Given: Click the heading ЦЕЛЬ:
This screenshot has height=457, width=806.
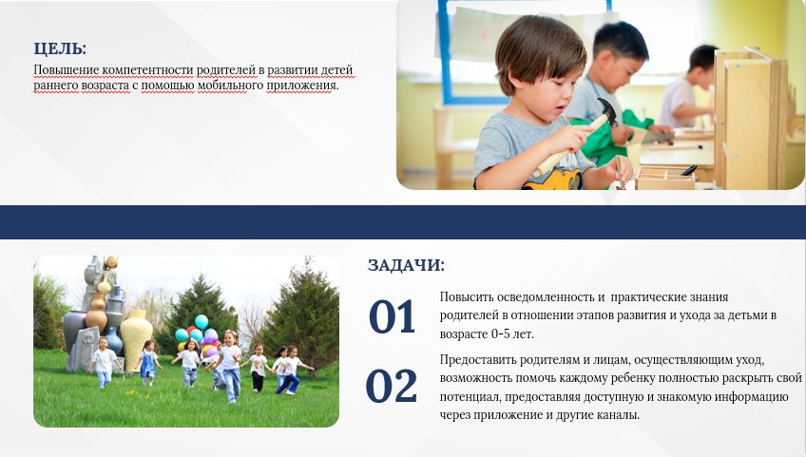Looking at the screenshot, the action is click(60, 48).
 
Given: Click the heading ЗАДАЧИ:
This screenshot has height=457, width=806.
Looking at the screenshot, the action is click(406, 265).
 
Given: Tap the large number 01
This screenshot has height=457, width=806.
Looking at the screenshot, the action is click(392, 316).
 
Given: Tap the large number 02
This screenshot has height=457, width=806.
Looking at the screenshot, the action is click(392, 386).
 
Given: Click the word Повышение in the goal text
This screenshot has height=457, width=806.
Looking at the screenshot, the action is click(67, 70).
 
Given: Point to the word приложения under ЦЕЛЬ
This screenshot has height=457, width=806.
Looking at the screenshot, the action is click(302, 86).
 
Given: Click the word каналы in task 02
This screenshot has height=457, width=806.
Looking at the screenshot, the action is click(619, 415).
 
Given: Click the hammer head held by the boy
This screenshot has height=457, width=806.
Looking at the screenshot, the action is click(607, 112).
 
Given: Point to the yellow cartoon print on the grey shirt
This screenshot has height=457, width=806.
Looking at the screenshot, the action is click(552, 180).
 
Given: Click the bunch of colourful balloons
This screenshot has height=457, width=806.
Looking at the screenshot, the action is click(198, 335).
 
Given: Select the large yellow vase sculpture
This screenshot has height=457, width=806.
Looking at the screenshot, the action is click(136, 336).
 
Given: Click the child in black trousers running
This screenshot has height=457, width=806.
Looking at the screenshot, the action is click(258, 369).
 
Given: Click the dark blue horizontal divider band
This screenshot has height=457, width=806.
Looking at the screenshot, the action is click(403, 222).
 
